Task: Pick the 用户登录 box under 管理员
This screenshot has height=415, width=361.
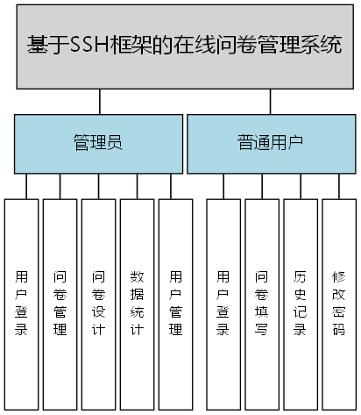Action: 22,304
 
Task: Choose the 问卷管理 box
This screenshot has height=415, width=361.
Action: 60,304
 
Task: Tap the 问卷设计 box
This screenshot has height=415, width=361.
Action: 98,304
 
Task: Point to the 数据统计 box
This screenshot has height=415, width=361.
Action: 137,304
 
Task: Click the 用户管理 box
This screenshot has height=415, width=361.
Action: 175,304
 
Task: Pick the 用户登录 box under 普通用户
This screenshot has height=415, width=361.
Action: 223,304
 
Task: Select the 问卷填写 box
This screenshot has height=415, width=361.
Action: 262,304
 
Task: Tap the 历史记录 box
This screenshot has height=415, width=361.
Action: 301,304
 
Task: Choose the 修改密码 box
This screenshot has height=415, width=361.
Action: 338,304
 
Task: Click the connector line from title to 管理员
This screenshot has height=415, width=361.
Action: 100,102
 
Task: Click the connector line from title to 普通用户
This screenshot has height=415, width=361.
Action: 271,102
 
